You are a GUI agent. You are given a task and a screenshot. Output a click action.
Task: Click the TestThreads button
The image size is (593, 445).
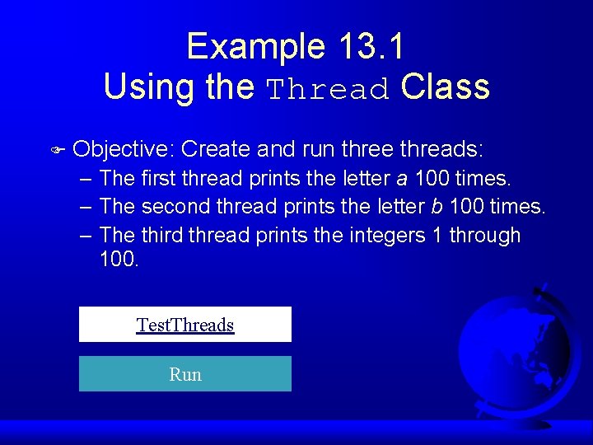tap(185, 325)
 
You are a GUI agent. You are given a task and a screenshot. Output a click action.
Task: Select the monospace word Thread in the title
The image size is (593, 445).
tap(329, 88)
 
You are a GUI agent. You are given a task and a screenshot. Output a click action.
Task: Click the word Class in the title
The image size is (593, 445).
tap(446, 87)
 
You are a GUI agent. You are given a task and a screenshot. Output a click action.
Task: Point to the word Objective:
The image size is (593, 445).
tap(124, 149)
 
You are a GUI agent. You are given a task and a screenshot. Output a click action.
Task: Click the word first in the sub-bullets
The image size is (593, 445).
tap(158, 178)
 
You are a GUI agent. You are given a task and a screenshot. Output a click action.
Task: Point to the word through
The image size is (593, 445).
tap(483, 235)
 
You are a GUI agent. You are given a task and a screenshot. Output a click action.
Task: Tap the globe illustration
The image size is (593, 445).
tap(515, 346)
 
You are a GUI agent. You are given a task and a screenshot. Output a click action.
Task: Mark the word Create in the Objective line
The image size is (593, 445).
tap(216, 149)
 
